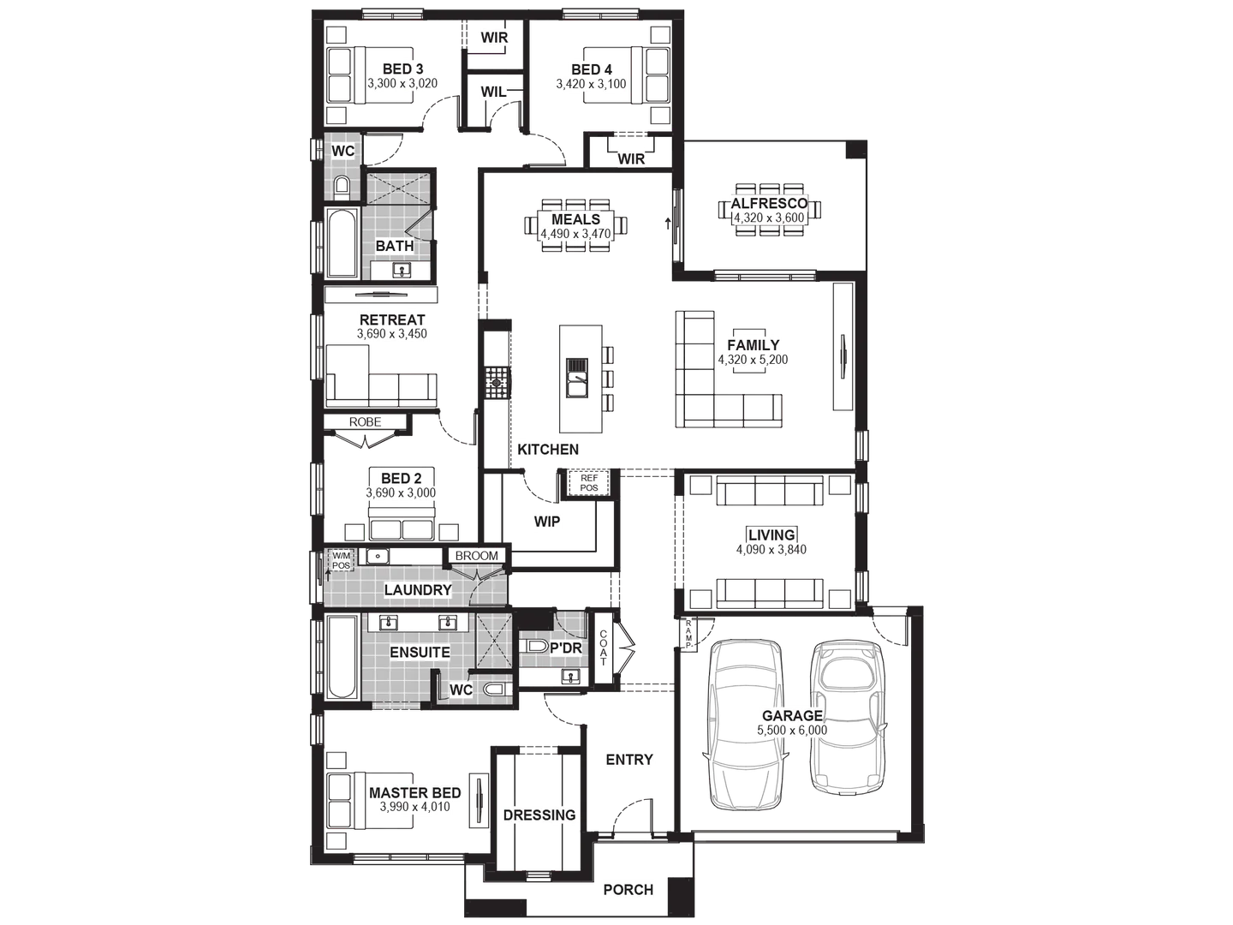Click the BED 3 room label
click(x=402, y=69)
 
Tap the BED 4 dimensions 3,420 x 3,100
click(x=592, y=85)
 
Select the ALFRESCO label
click(x=768, y=204)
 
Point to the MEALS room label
click(x=575, y=220)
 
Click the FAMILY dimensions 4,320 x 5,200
click(x=753, y=361)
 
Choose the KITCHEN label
click(x=548, y=450)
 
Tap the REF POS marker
click(x=590, y=483)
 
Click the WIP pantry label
click(x=547, y=522)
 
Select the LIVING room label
click(x=771, y=535)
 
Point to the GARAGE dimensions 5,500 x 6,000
click(x=792, y=731)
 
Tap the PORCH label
click(x=628, y=890)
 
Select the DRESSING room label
click(x=539, y=815)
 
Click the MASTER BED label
click(x=414, y=793)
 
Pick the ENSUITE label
click(x=420, y=653)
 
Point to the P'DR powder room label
click(x=566, y=648)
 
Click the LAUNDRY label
click(x=418, y=590)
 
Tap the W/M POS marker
click(x=342, y=560)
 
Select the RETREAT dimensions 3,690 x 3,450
click(x=392, y=335)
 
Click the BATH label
click(x=395, y=246)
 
